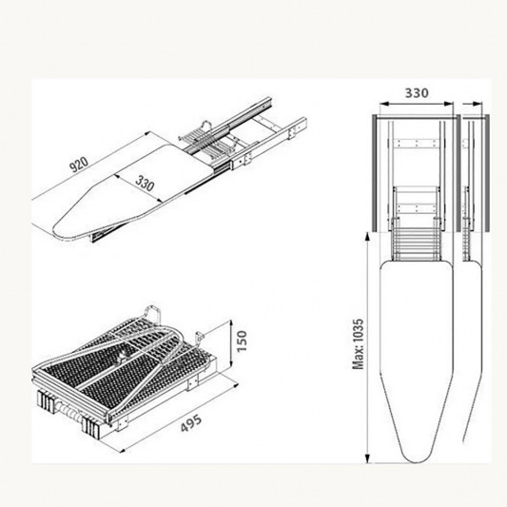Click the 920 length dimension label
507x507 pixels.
79,164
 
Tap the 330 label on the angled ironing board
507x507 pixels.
145,183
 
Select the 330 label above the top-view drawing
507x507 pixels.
417,93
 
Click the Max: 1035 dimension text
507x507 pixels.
359,344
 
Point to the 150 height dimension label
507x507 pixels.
242,341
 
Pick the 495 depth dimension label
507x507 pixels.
191,423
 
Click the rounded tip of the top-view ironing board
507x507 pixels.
417,460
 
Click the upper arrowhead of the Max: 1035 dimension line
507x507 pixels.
367,236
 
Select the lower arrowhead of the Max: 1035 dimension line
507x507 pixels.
367,458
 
